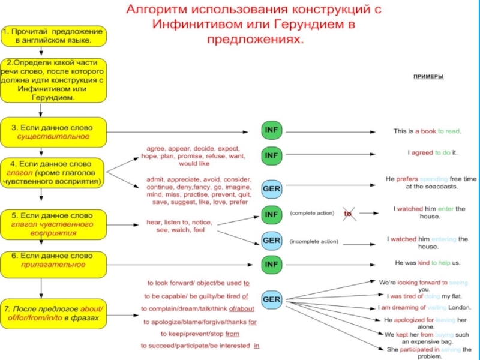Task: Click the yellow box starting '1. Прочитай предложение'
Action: click(53, 36)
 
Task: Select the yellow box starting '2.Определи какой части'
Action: click(53, 80)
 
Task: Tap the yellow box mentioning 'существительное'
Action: click(53, 132)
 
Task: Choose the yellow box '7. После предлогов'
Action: click(53, 313)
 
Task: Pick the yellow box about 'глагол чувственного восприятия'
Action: click(53, 224)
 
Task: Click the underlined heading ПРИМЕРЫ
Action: click(428, 77)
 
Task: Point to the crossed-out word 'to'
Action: click(347, 213)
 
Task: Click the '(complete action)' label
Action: click(313, 213)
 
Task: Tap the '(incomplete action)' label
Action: click(314, 242)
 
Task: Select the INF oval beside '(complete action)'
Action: click(272, 214)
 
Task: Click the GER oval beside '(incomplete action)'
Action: click(272, 241)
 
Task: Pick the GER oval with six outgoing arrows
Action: click(272, 298)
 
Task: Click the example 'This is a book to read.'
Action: click(427, 131)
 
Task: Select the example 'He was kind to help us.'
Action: click(427, 263)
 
